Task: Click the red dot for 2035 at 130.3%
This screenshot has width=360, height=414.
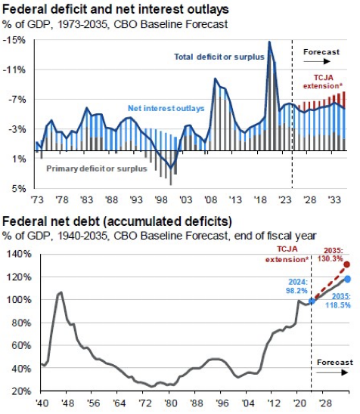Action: tap(347, 264)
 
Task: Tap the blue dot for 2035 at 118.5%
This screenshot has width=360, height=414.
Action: tap(347, 279)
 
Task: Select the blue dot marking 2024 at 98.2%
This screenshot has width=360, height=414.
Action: tap(312, 301)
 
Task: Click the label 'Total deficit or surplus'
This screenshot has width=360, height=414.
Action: tap(219, 57)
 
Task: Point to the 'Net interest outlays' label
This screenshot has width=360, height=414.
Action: tap(166, 108)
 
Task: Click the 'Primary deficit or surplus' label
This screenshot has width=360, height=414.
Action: tap(97, 168)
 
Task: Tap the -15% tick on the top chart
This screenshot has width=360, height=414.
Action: tap(14, 40)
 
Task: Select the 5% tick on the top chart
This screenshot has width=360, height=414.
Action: tap(18, 189)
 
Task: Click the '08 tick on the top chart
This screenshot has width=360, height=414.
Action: tap(211, 200)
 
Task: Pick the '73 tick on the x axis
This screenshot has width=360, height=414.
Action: tap(37, 200)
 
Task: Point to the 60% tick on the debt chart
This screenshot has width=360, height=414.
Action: tap(21, 345)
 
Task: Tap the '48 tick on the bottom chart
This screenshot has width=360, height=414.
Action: tap(68, 403)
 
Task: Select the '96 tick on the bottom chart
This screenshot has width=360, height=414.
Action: tap(222, 403)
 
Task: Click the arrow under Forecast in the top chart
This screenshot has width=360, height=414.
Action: tap(317, 61)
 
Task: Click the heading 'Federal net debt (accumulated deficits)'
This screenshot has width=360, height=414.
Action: tap(117, 221)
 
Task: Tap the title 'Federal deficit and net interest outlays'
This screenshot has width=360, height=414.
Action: tap(116, 10)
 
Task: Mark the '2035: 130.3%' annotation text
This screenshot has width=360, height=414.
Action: tap(331, 255)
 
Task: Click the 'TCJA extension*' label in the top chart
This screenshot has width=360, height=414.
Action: tap(323, 82)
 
